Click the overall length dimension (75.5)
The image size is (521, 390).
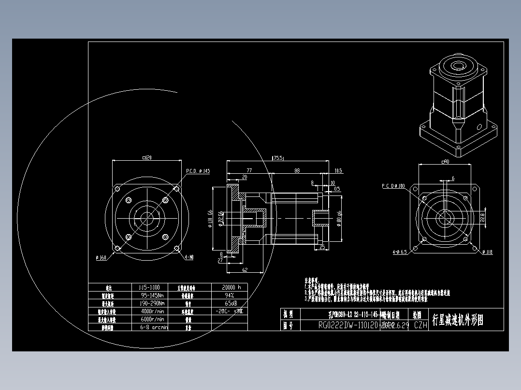tap(278, 158)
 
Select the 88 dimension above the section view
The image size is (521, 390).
tap(297, 170)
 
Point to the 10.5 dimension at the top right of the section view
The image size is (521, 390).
tap(338, 170)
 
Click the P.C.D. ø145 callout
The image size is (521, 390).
tap(198, 171)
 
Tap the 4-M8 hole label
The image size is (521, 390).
tap(189, 257)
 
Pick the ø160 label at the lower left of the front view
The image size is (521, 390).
tap(101, 257)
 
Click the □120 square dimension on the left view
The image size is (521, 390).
tap(147, 158)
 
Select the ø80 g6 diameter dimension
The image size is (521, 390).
tap(339, 220)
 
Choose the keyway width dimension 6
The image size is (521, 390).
tap(453, 178)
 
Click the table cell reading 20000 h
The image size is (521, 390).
tap(230, 287)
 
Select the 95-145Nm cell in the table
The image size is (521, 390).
tap(152, 295)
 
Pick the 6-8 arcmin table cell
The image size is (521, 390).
tap(152, 327)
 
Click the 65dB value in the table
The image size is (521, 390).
tap(229, 303)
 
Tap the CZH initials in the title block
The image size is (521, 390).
tap(421, 325)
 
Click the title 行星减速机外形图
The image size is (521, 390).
tap(457, 320)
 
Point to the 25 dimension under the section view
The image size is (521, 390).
tap(322, 247)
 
